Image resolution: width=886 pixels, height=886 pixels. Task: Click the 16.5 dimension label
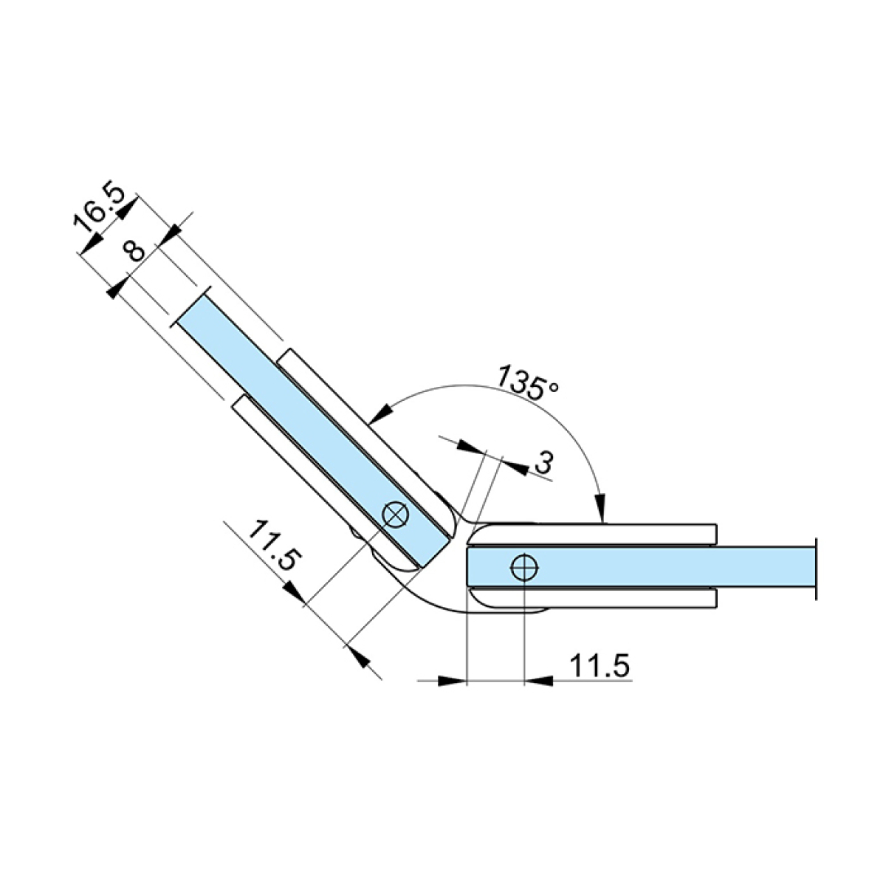[x=98, y=207]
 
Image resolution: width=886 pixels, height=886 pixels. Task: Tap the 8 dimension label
[x=134, y=252]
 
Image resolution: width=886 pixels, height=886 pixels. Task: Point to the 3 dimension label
[x=543, y=462]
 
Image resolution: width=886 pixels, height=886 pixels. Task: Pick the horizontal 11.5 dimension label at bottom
[x=599, y=664]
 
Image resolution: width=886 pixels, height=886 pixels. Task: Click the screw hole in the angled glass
[x=396, y=514]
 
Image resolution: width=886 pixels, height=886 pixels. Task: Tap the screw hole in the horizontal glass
[x=524, y=569]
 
